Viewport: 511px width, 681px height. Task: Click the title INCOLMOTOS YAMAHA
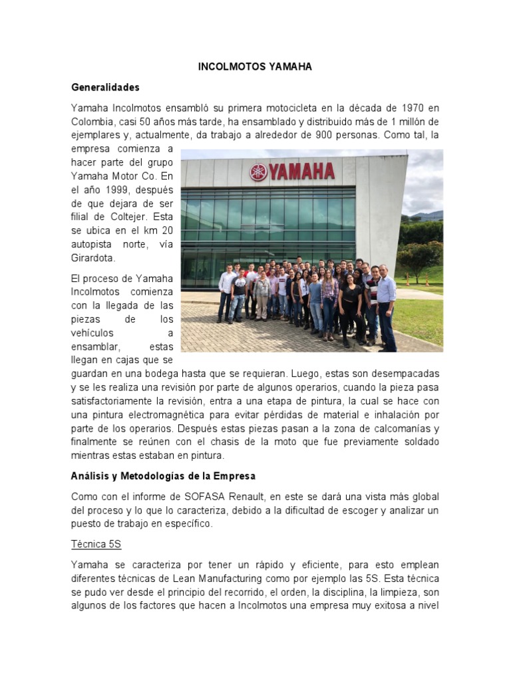click(255, 67)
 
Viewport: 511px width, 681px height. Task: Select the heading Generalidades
click(105, 87)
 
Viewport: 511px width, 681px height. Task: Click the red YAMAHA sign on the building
click(301, 172)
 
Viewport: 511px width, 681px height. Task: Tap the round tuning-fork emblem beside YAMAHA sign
click(258, 173)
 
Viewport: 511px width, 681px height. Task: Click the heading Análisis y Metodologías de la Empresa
click(163, 476)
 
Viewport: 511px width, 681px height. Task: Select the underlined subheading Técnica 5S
click(96, 544)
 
